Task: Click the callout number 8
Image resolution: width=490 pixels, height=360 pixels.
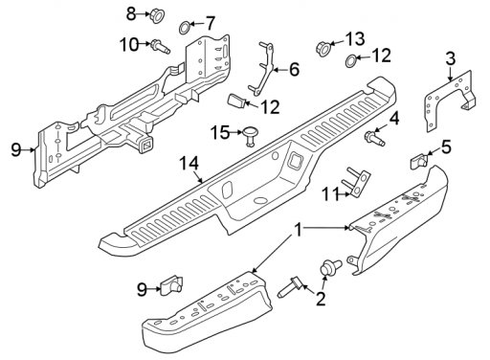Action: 131,14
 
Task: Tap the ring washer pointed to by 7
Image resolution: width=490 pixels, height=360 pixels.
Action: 184,28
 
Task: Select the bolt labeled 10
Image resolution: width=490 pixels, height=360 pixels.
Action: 160,47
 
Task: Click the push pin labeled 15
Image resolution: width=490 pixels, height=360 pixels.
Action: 250,134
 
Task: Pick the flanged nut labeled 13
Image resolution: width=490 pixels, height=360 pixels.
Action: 323,49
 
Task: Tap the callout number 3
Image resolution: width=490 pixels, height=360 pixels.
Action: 451,58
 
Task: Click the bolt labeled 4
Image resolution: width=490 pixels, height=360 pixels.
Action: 374,137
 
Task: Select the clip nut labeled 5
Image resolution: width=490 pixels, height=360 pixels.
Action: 419,161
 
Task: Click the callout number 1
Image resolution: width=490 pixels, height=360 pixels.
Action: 299,230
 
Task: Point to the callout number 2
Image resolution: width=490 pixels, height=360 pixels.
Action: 321,299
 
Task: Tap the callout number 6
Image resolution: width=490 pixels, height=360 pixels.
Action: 294,69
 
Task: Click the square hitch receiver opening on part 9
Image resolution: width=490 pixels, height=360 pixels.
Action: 146,146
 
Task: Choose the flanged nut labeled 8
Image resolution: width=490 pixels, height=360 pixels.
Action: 157,15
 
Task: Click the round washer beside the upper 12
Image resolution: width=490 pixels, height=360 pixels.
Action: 351,60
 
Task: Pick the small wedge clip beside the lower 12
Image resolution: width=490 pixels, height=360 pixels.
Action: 236,101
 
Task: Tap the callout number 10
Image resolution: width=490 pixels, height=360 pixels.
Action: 129,44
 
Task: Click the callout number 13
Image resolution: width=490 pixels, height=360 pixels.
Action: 354,38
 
